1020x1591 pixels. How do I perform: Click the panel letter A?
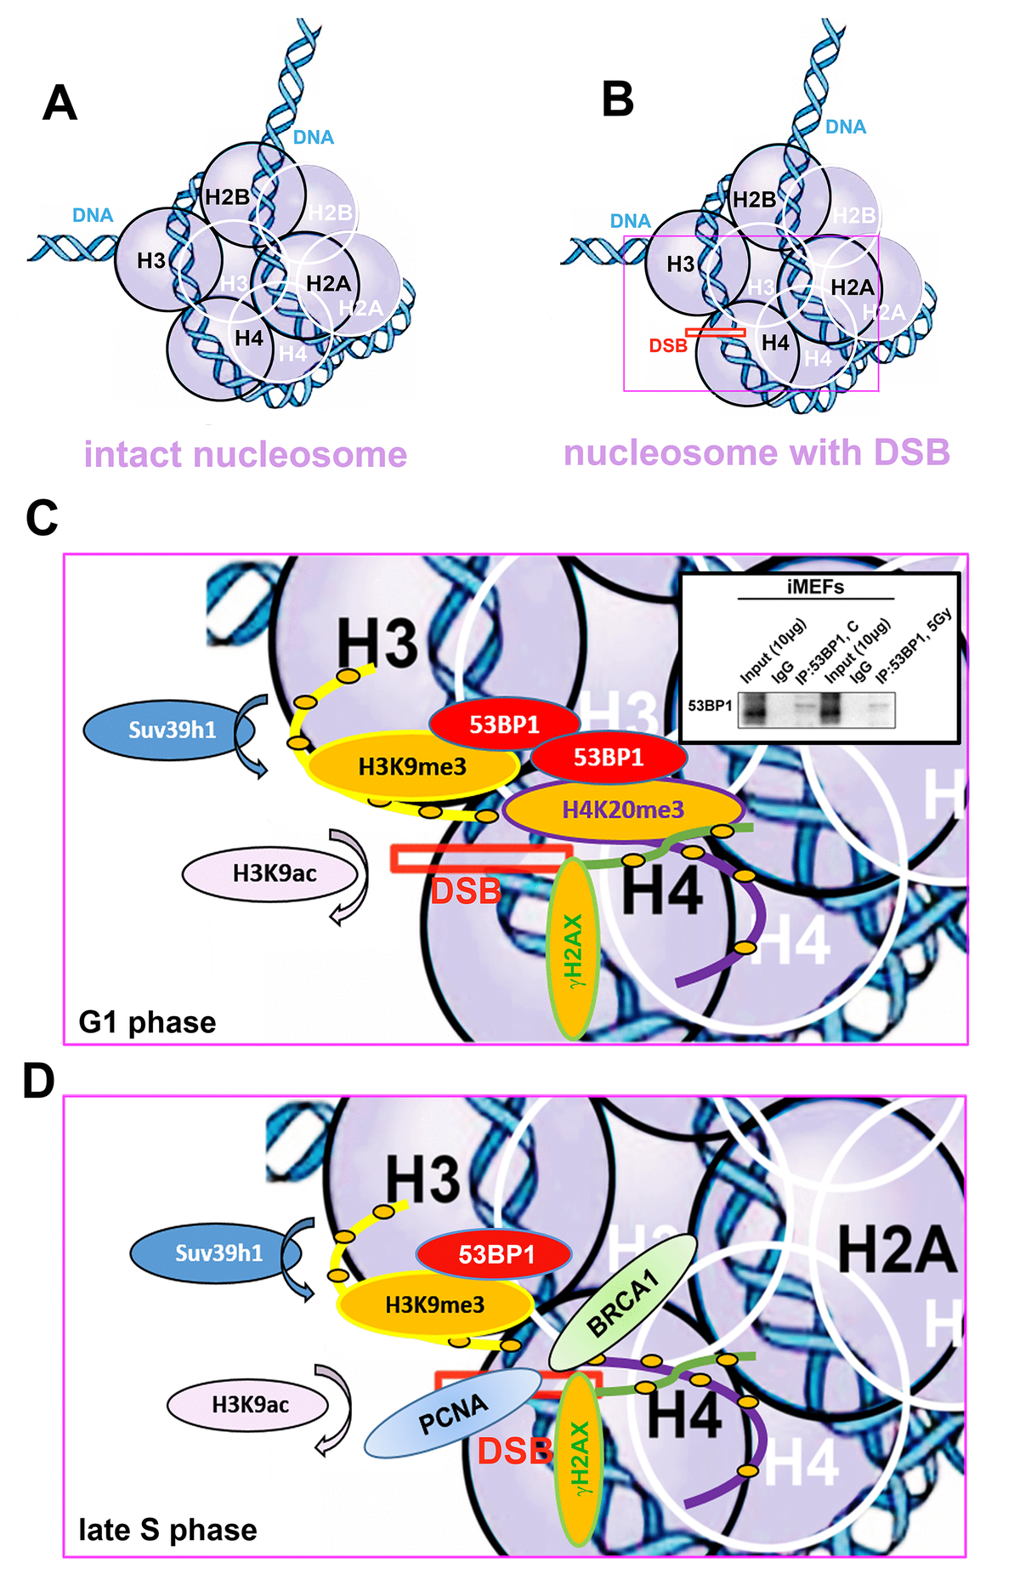coord(59,104)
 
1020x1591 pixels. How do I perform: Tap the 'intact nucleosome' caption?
coord(246,455)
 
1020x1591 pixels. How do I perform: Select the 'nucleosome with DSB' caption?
coord(756,452)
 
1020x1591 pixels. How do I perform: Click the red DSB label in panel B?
coord(668,346)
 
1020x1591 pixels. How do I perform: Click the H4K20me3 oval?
coord(623,810)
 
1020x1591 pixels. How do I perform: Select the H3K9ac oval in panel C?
coord(274,873)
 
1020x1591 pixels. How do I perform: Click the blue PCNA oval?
coord(453,1414)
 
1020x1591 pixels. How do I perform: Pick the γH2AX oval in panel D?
coord(579,1459)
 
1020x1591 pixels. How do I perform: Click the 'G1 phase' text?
coord(147,1021)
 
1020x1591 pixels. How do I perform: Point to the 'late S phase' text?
coord(167,1530)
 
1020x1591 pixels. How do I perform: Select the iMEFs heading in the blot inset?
coord(815,587)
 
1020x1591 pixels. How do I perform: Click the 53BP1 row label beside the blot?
coord(710,706)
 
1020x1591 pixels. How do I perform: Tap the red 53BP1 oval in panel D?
coord(496,1254)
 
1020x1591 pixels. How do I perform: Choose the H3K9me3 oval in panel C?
coord(412,767)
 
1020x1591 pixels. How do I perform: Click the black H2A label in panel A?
coord(328,283)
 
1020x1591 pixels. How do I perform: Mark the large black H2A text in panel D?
coord(896,1250)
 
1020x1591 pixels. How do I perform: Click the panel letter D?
coord(39,1082)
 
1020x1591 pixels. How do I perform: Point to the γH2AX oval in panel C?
coord(574,949)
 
